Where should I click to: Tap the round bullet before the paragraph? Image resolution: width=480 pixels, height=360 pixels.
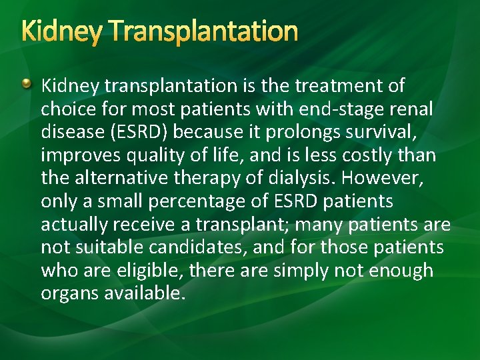(x=25, y=84)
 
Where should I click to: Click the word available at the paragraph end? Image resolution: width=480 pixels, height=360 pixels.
(x=145, y=293)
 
